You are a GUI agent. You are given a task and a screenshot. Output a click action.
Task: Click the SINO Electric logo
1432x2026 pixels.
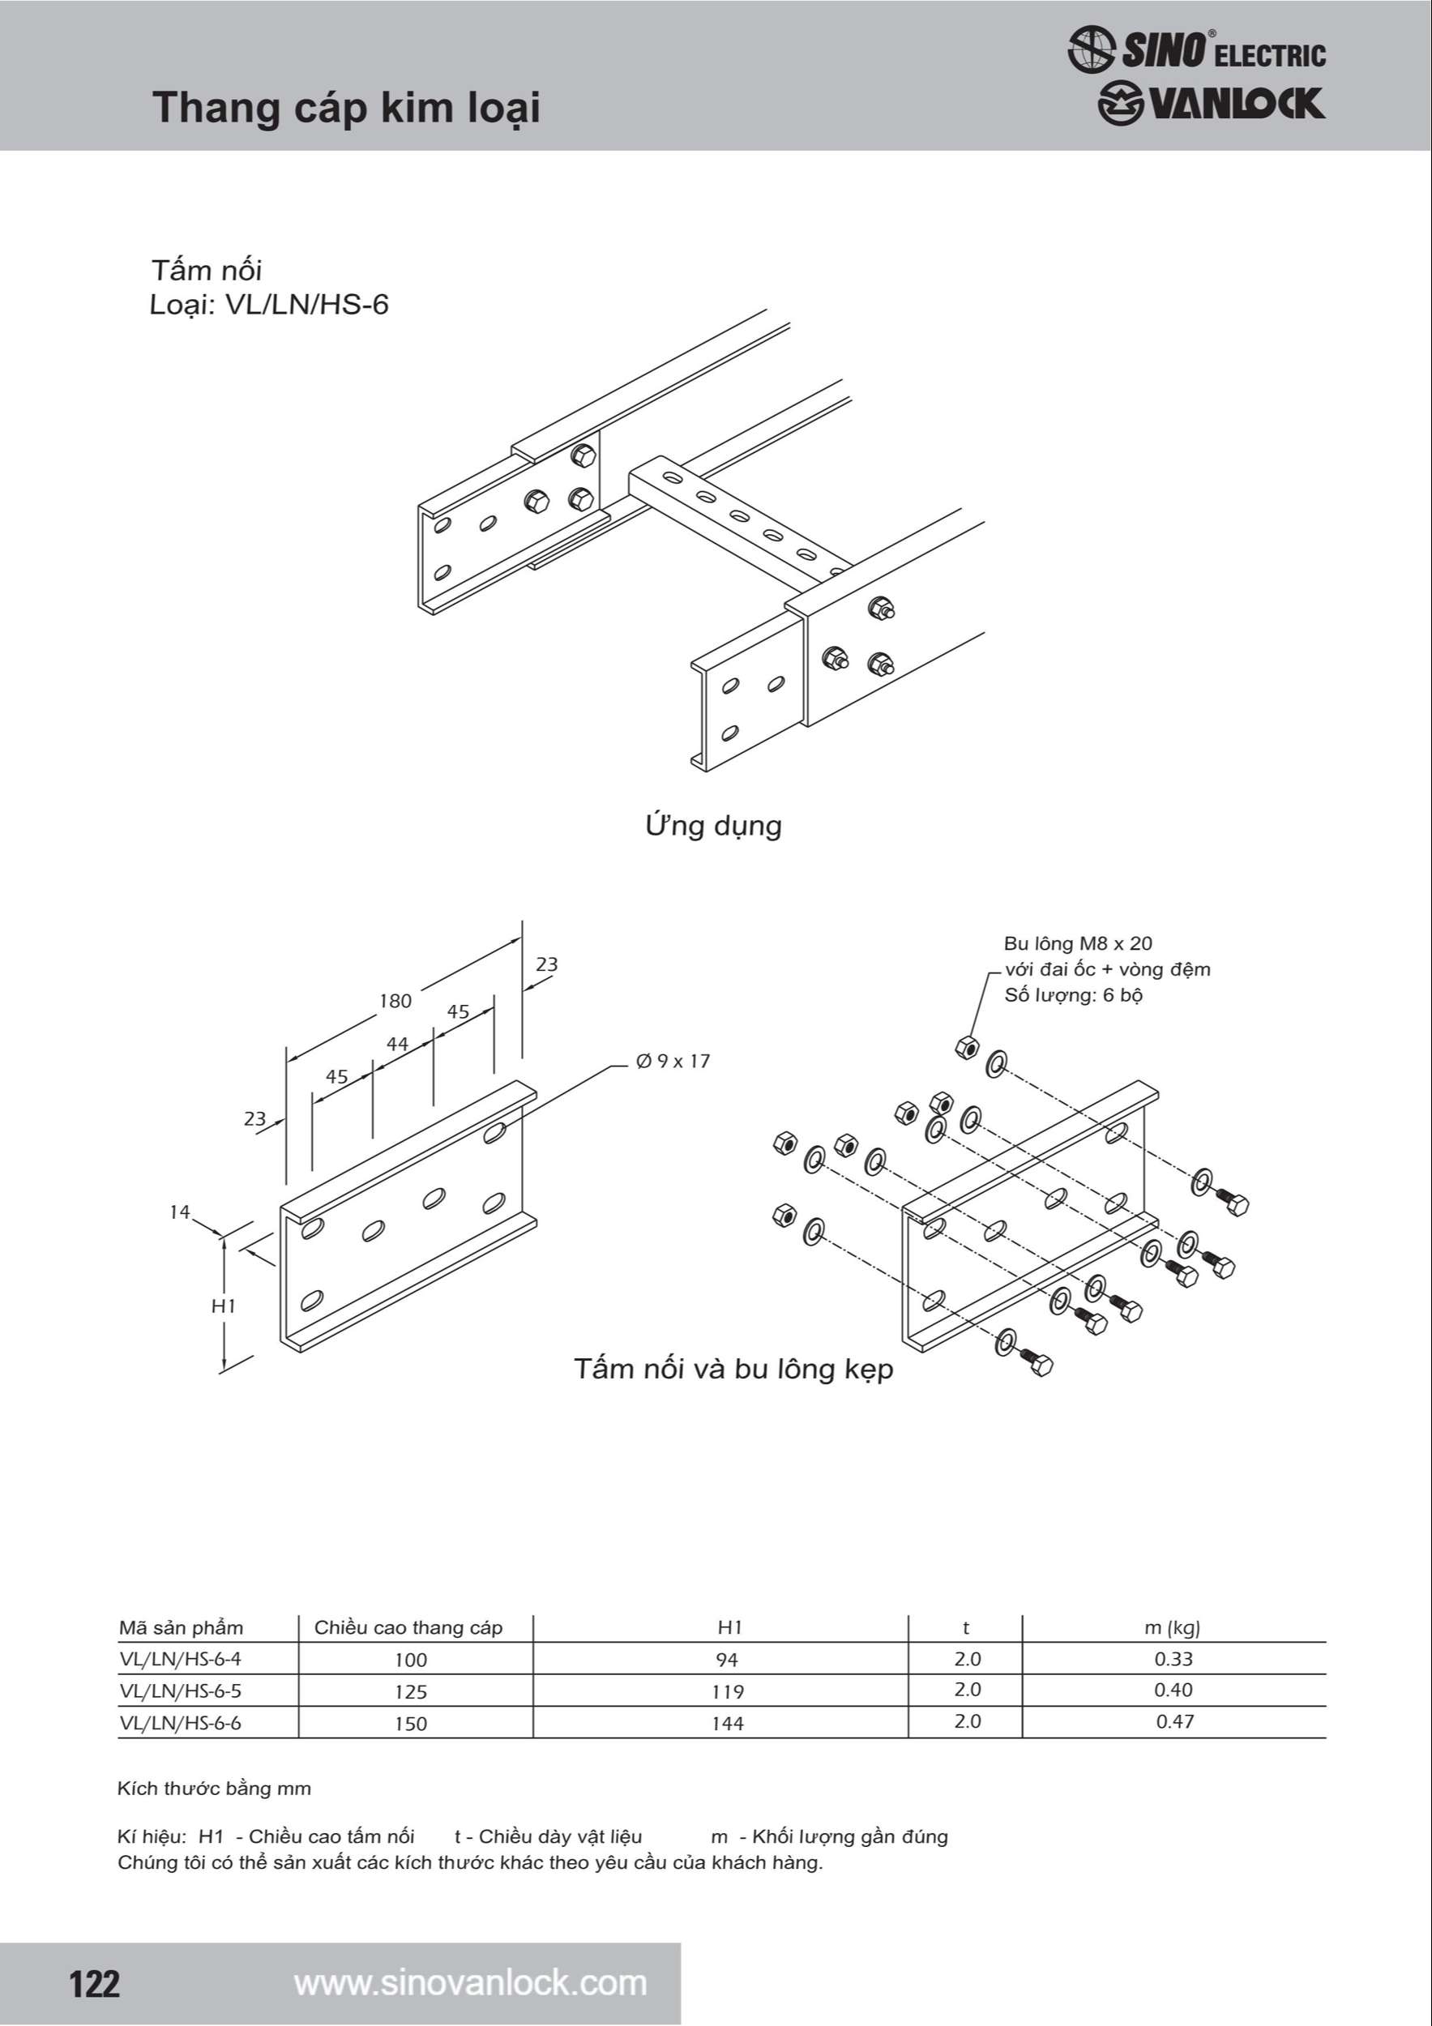pos(1195,49)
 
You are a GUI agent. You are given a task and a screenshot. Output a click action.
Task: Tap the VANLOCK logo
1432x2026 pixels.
pos(1211,104)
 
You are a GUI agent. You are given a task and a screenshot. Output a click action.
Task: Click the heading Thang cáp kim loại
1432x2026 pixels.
pos(346,108)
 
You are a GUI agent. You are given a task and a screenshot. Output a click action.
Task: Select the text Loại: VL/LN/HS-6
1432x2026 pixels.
pos(268,305)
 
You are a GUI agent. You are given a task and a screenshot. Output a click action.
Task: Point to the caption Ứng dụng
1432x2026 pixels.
pos(713,826)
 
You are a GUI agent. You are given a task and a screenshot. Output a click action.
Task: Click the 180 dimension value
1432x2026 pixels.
pos(395,1001)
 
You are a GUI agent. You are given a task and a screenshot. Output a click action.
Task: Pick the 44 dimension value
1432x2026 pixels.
pos(397,1044)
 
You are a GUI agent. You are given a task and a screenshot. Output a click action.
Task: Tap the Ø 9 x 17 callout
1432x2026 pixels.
pos(673,1061)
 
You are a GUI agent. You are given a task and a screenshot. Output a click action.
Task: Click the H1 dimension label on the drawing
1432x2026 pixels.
pos(223,1306)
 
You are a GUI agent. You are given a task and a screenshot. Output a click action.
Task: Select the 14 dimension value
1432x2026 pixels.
pos(179,1212)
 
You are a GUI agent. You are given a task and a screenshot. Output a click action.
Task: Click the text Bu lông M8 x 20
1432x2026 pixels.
pos(1077,943)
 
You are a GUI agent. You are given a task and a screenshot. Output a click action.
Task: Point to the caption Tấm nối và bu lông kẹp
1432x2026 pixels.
pos(733,1369)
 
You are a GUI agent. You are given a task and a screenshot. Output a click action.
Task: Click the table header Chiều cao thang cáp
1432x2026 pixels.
pos(408,1628)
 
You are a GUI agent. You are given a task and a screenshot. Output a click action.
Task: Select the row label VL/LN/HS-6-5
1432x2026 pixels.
pos(180,1690)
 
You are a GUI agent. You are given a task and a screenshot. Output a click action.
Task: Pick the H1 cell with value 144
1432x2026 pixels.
pos(728,1724)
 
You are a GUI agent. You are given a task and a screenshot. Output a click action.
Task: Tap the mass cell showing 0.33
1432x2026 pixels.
pos(1173,1659)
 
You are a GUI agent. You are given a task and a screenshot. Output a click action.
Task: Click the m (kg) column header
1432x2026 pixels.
pos(1172,1628)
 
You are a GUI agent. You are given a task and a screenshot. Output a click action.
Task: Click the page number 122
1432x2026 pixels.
pos(94,1984)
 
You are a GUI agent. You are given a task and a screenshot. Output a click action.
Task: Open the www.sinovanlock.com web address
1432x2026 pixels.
pos(470,1983)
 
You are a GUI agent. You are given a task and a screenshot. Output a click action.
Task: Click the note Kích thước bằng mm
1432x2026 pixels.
pos(215,1789)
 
